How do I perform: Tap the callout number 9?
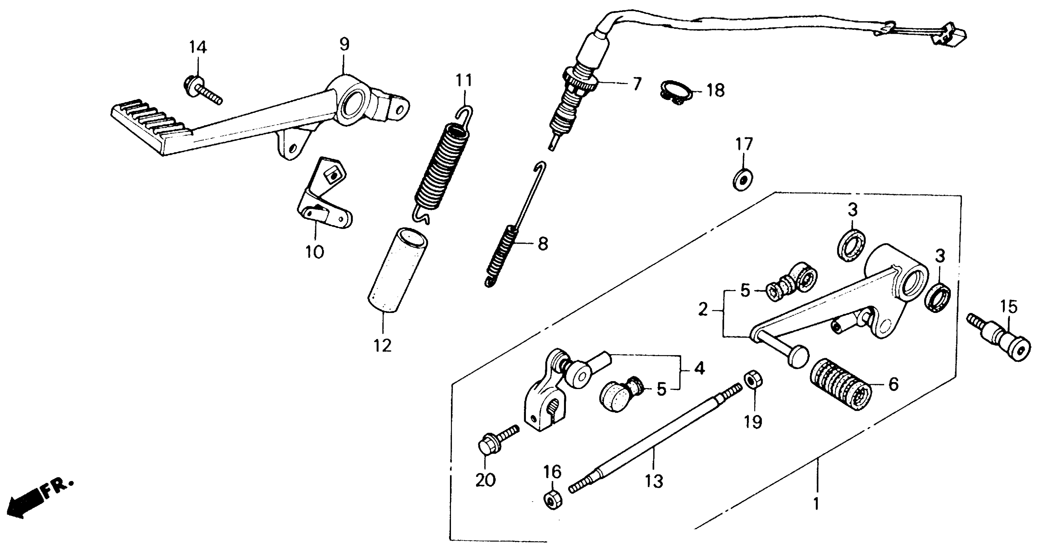(x=344, y=44)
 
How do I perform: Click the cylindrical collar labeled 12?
(x=398, y=270)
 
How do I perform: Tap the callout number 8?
(x=543, y=243)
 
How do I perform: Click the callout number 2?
(x=703, y=310)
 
